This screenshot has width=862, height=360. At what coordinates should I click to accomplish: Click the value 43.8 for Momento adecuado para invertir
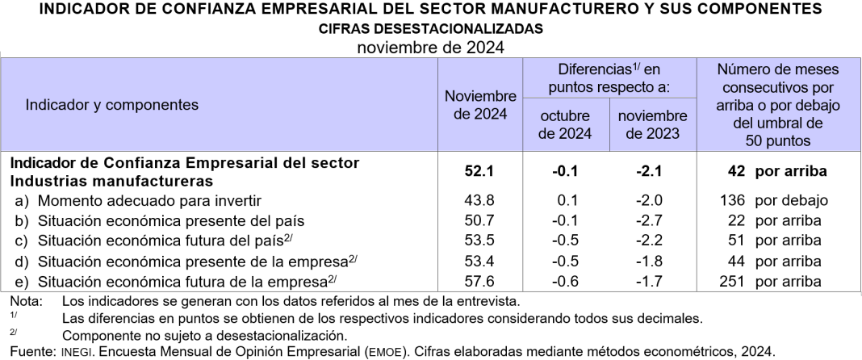coord(480,200)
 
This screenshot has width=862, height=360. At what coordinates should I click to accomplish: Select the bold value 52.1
coord(480,171)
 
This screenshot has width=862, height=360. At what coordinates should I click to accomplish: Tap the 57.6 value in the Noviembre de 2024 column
coord(480,281)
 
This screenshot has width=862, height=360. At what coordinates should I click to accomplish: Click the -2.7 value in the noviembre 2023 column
coord(651,220)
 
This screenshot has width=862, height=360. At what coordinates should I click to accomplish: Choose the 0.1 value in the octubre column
coord(566,200)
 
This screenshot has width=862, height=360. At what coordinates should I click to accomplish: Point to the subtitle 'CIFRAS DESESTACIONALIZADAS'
coord(430,28)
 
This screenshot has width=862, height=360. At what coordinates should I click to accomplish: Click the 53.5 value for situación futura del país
coord(480,241)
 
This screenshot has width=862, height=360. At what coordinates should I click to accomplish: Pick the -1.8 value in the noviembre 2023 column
coord(651,261)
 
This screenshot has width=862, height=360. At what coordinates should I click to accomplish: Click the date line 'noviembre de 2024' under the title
coord(430,45)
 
